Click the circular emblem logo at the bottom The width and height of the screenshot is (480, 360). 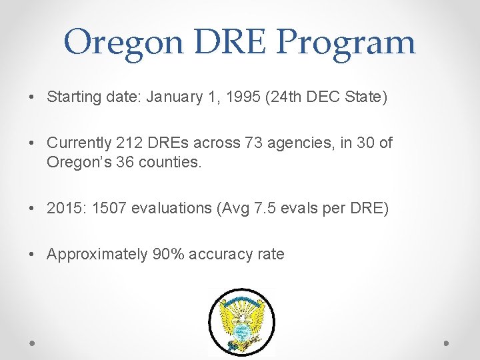pyautogui.click(x=241, y=322)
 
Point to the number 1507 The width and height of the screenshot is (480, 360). pyautogui.click(x=108, y=208)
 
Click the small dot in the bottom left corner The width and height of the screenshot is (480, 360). pyautogui.click(x=33, y=342)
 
